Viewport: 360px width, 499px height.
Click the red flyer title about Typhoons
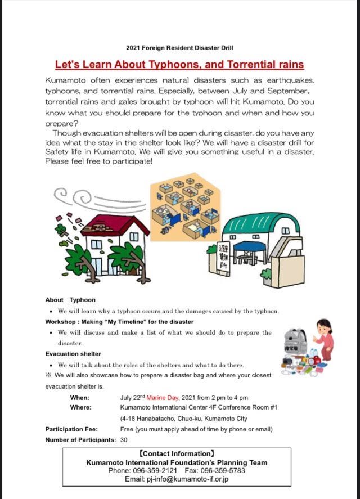(x=179, y=64)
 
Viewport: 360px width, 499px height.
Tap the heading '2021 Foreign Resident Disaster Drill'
(x=179, y=47)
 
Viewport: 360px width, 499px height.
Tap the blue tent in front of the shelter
(x=248, y=248)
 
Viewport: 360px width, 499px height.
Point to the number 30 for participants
(x=124, y=440)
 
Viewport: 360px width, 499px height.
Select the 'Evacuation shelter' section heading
(x=73, y=354)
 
